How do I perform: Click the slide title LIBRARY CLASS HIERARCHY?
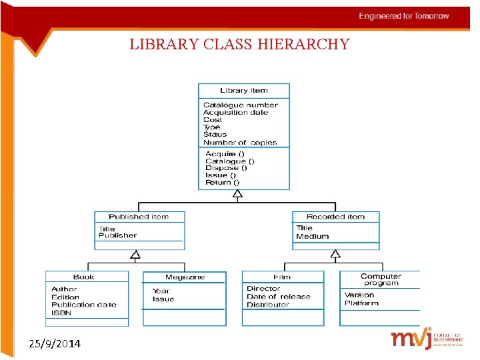pyautogui.click(x=239, y=45)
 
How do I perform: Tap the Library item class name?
pyautogui.click(x=243, y=91)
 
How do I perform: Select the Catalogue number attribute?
pyautogui.click(x=240, y=105)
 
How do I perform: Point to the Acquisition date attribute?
pyautogui.click(x=235, y=113)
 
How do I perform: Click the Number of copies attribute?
pyautogui.click(x=239, y=142)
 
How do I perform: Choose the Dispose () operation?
pyautogui.click(x=226, y=168)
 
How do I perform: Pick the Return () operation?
pyautogui.click(x=222, y=182)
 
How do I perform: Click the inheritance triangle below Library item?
pyautogui.click(x=237, y=193)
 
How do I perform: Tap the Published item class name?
pyautogui.click(x=139, y=217)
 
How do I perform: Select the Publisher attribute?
pyautogui.click(x=117, y=235)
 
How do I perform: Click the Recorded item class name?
pyautogui.click(x=335, y=217)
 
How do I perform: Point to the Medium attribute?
pyautogui.click(x=312, y=236)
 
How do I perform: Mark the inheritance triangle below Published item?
pyautogui.click(x=135, y=254)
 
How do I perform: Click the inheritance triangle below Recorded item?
pyautogui.click(x=335, y=254)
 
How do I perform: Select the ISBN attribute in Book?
pyautogui.click(x=61, y=312)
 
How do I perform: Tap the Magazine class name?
pyautogui.click(x=185, y=277)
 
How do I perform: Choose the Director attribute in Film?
pyautogui.click(x=263, y=289)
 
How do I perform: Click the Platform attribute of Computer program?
pyautogui.click(x=361, y=303)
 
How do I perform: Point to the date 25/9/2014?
pyautogui.click(x=55, y=344)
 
